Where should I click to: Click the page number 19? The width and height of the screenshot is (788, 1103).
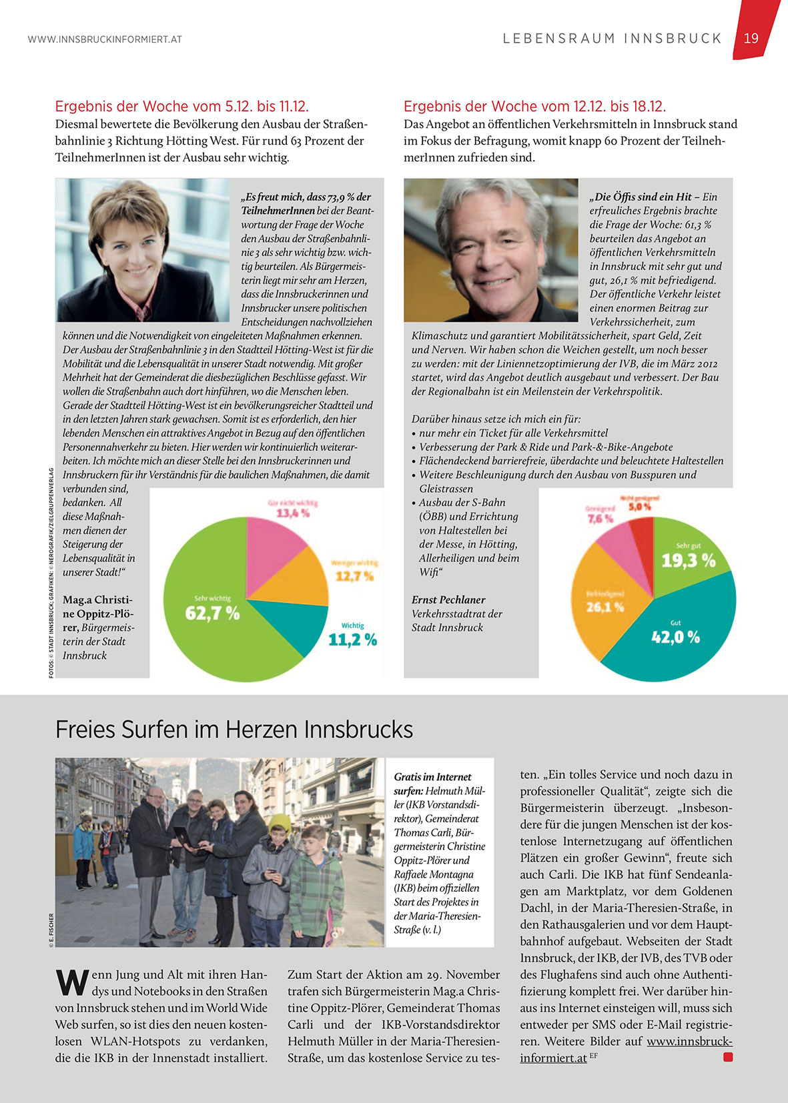point(751,38)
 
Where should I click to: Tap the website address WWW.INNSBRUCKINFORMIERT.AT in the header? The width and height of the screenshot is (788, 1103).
point(105,39)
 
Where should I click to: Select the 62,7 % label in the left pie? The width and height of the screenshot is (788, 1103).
point(212,613)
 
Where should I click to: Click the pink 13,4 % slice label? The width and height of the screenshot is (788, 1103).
point(293,513)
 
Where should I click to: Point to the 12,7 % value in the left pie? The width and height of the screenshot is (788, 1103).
point(354,576)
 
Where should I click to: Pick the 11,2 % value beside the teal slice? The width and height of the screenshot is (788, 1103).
point(352,640)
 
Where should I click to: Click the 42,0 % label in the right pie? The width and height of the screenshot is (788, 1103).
point(675,637)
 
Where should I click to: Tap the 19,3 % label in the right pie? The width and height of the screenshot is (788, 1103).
point(688,560)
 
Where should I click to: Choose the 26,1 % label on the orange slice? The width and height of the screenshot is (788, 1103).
point(605,607)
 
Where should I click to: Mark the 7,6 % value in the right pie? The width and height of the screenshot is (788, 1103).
point(600,518)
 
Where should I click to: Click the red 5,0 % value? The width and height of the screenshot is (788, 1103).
point(640,507)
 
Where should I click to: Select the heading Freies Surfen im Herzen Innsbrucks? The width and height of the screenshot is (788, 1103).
point(234,730)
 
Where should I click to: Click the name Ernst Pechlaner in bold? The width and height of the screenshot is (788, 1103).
point(448,600)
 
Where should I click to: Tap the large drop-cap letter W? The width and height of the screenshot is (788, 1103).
point(71,981)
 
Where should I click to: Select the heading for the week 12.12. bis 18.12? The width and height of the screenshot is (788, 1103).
point(534,106)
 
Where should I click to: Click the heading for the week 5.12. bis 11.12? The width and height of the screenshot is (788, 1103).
point(181,106)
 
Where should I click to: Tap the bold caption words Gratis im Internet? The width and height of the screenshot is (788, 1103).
point(432,777)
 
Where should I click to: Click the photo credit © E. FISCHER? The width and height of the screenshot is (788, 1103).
point(51,928)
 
